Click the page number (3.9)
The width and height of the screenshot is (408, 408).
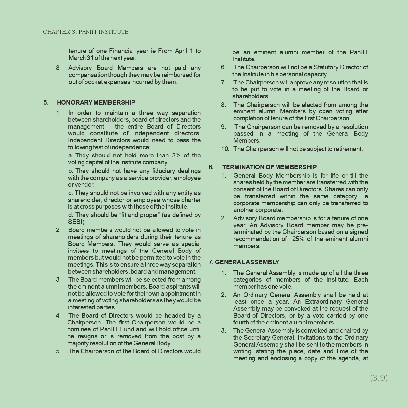pos(379,378)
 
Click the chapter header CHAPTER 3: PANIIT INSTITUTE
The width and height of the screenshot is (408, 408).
pos(86,32)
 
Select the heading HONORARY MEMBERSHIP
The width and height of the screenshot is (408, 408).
pos(96,102)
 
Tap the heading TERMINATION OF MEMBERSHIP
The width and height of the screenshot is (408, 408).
pos(269,167)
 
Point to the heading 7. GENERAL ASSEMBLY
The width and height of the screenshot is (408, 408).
pos(244,262)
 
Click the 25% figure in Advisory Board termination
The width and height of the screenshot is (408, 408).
pos(298,239)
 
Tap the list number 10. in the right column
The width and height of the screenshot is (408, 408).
pos(225,149)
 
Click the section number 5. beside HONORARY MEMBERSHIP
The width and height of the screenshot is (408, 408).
pos(46,102)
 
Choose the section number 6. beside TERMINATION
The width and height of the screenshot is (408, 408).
pos(211,167)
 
